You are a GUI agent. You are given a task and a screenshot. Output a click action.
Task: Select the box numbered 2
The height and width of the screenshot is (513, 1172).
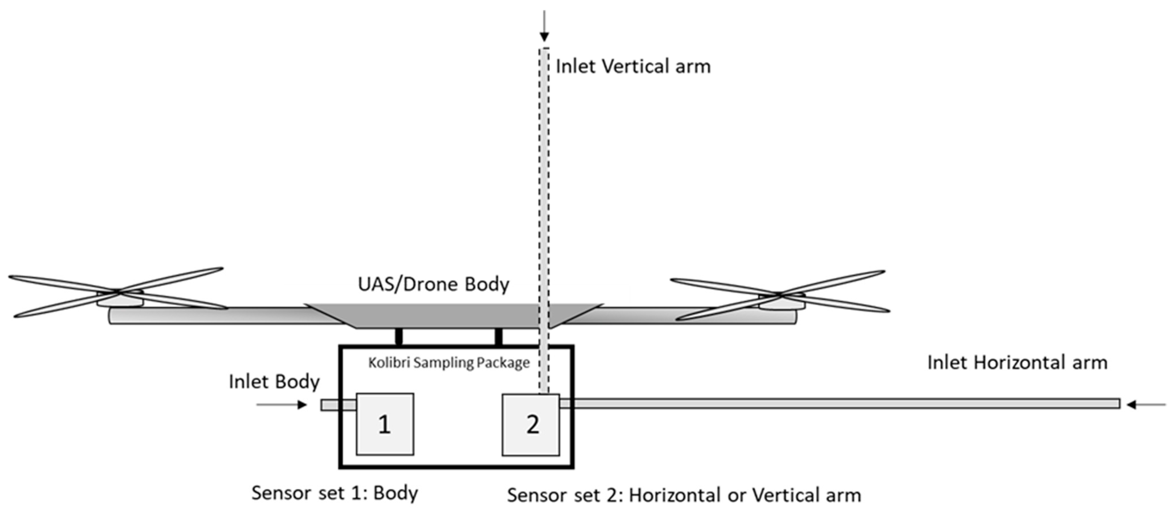tap(530, 424)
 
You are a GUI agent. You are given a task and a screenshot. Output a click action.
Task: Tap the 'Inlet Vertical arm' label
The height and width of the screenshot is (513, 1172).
tap(633, 66)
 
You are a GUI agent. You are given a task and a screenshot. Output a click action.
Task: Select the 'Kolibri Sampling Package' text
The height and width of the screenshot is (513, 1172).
tap(449, 363)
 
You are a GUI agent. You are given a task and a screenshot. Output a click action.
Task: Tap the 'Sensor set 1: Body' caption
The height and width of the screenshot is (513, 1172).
tap(334, 493)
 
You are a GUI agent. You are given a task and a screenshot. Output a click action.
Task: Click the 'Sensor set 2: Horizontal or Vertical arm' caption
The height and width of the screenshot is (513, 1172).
tap(684, 495)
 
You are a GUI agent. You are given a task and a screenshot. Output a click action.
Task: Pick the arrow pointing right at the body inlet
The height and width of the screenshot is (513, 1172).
tap(282, 404)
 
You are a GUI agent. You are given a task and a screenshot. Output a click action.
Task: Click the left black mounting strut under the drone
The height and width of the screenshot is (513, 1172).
tap(399, 337)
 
